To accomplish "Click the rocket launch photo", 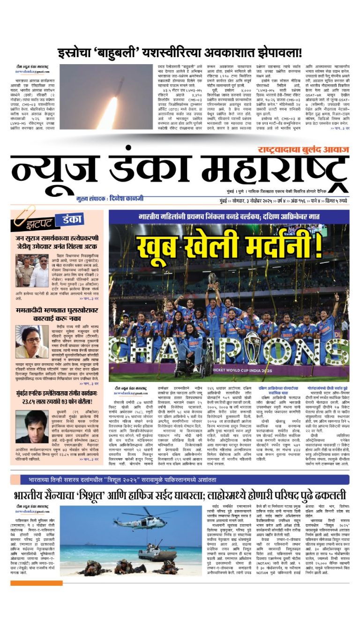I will pos(106,96).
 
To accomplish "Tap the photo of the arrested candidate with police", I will pos(32,271).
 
